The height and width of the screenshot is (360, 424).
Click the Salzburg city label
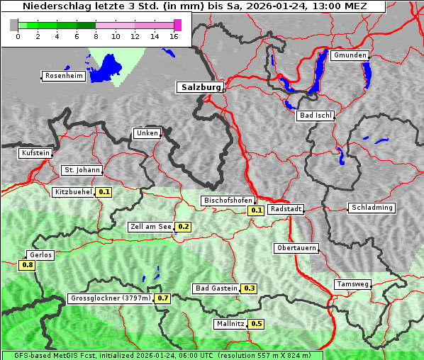200,87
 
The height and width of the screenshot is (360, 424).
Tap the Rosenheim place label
63,76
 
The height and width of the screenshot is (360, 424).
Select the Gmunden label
350,55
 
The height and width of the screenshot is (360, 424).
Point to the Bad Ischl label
315,116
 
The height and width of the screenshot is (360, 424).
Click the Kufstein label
35,153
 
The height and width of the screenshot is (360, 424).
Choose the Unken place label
147,133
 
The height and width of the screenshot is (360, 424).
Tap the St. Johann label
82,170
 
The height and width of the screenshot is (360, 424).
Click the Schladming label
371,208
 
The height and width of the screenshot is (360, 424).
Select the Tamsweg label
352,284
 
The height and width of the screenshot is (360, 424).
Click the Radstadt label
286,209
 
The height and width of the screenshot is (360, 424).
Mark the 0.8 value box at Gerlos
27,265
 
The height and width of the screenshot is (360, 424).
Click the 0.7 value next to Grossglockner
163,298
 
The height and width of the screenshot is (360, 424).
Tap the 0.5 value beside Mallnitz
256,324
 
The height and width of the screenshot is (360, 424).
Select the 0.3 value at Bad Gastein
249,288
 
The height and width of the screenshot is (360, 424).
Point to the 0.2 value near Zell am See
183,227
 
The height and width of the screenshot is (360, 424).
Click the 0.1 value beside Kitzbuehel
104,192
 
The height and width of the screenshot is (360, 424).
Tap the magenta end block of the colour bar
177,25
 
